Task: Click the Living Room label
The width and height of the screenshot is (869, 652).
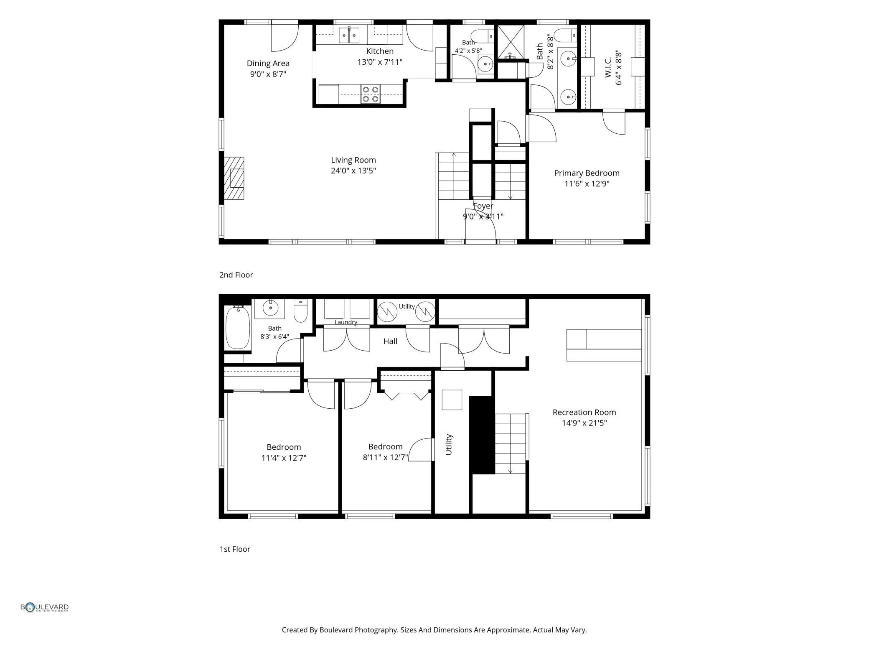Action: coord(353,160)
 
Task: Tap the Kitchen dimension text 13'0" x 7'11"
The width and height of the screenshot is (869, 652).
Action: coord(380,62)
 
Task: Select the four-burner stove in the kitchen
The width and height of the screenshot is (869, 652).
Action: coord(371,94)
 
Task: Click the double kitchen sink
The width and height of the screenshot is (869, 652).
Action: coord(349,35)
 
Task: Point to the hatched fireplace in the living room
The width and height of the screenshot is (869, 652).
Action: coord(234,178)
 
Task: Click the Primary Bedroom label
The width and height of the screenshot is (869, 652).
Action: coord(587,173)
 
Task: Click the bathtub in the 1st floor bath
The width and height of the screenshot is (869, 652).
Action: coord(238,327)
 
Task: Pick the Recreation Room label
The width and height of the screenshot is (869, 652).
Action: coord(584,413)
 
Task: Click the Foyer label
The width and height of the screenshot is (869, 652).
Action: coord(483,206)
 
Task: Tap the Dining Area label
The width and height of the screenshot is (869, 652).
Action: coord(268,64)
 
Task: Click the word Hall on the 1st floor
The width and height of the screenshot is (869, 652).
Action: coord(390,341)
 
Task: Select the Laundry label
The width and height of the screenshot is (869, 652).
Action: coord(346,322)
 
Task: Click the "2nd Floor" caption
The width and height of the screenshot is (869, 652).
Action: coord(236,275)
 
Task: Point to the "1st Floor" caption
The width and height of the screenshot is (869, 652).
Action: coord(235,549)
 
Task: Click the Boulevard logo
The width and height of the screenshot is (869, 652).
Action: coord(44,607)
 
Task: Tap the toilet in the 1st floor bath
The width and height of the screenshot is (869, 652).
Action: coord(300,311)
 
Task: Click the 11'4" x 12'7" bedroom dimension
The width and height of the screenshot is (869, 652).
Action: coord(284,458)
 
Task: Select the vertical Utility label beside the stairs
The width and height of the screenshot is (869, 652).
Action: coord(449,444)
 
